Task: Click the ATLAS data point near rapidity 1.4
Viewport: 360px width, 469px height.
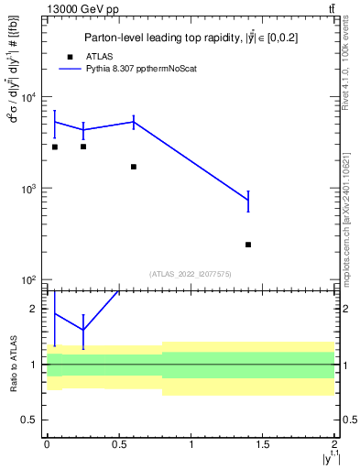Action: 248,245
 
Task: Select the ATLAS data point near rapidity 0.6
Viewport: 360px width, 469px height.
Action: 134,167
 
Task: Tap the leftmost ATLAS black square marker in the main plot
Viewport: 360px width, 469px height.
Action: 55,147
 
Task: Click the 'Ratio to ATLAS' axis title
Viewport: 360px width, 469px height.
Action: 12,365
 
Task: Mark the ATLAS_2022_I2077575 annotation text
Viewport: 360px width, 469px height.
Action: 191,273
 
